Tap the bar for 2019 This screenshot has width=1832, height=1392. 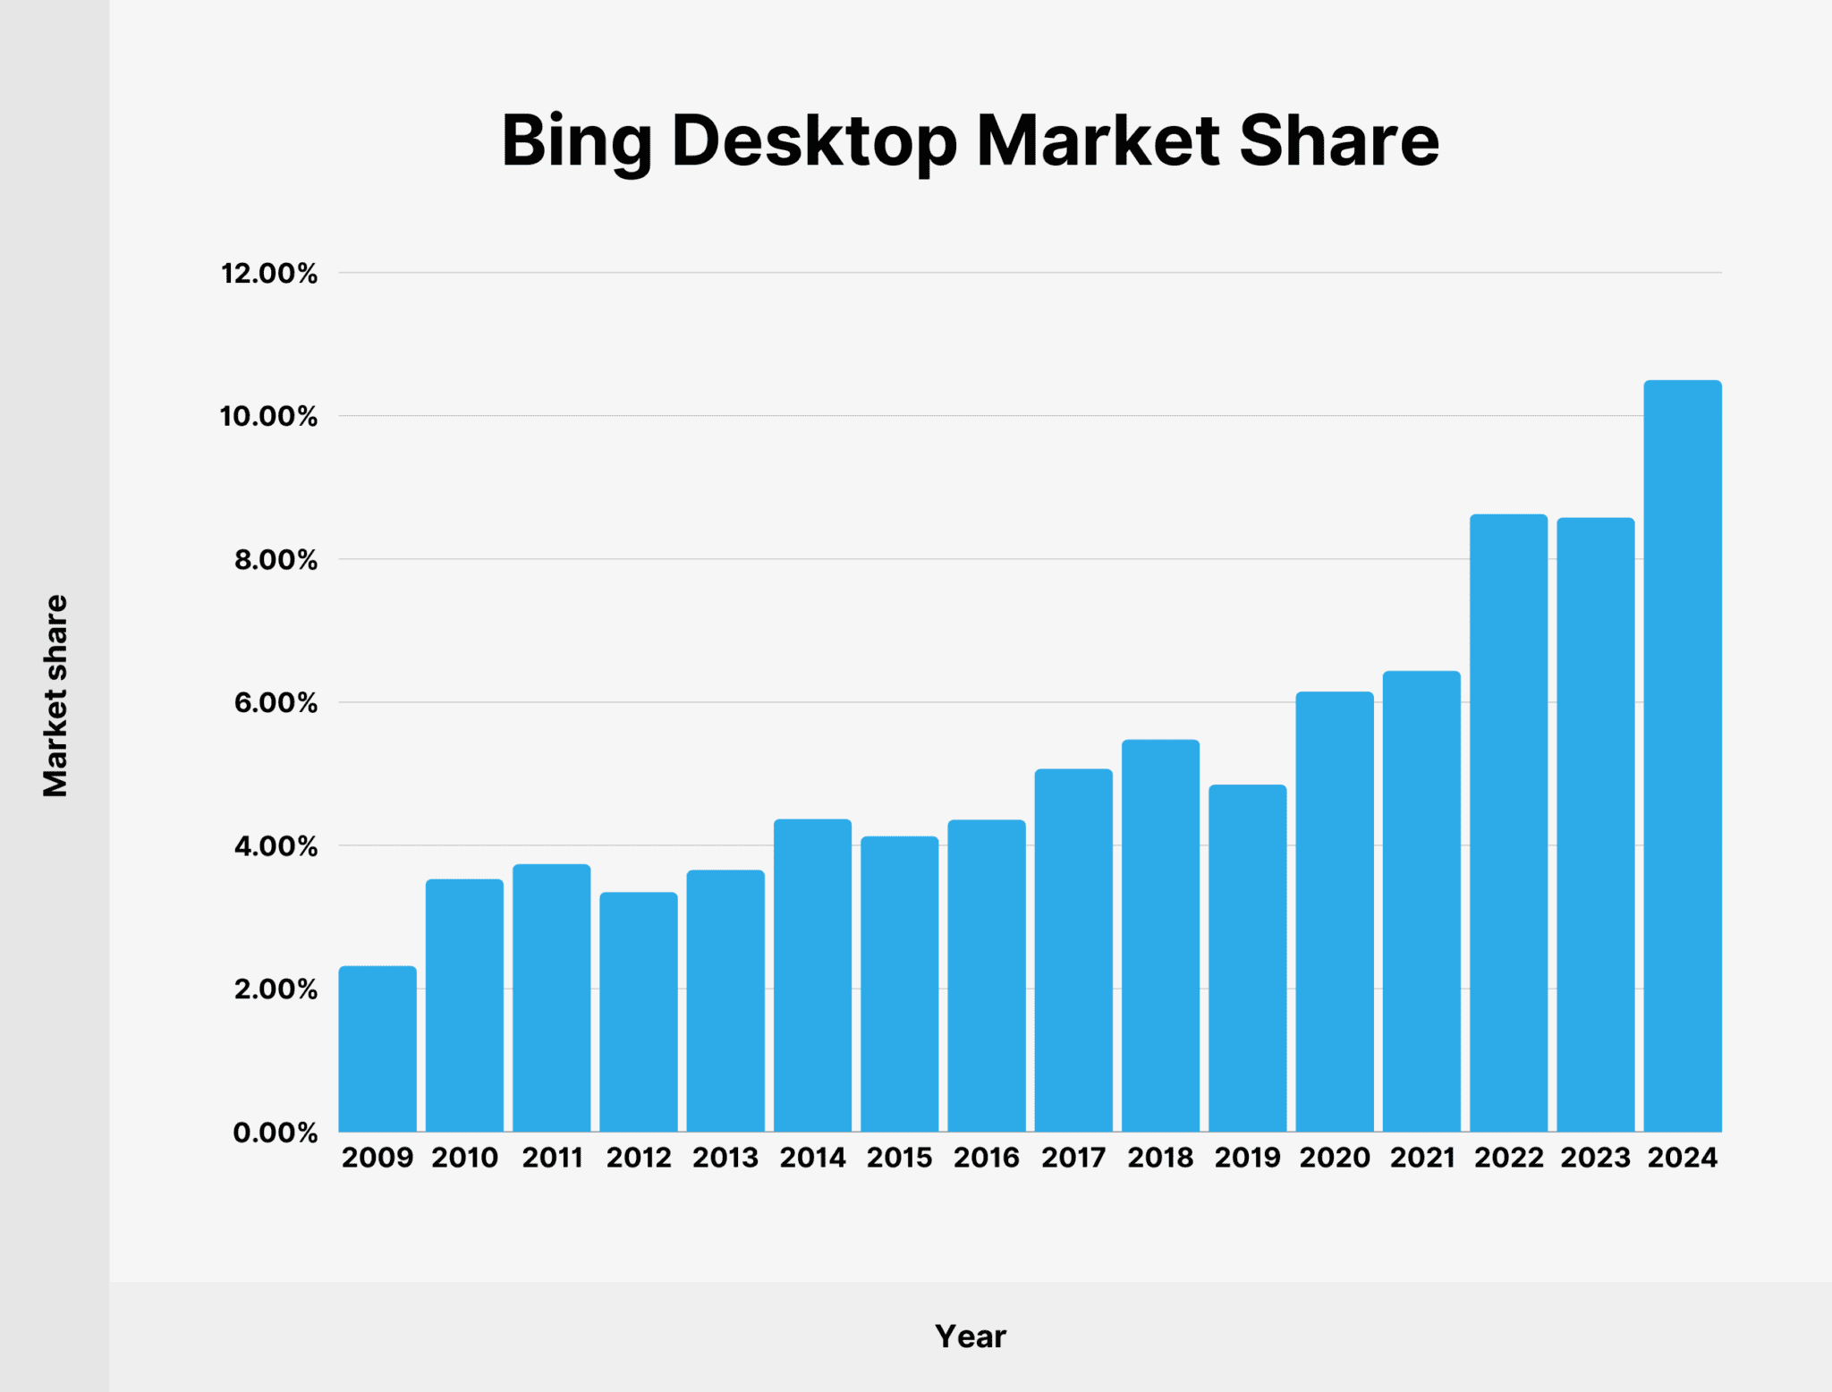[1248, 958]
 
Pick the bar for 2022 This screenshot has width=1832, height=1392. [1508, 823]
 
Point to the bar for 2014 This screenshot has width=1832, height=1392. [812, 975]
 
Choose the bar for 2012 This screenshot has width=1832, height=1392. [639, 1012]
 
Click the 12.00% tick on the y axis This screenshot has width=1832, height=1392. [269, 274]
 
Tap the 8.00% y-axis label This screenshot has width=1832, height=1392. [276, 560]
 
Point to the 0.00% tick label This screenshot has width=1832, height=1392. [276, 1133]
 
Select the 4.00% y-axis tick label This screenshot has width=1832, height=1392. [276, 846]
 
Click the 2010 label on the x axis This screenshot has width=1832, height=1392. [464, 1158]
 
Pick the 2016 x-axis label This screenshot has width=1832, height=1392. [986, 1158]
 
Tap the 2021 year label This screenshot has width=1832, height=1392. [1422, 1158]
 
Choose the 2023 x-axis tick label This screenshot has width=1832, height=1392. [1596, 1158]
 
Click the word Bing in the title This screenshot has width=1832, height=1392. [576, 141]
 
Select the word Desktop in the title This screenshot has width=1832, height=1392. [813, 141]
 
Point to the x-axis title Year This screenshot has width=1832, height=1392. [971, 1337]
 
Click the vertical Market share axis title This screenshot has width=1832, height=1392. [55, 695]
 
